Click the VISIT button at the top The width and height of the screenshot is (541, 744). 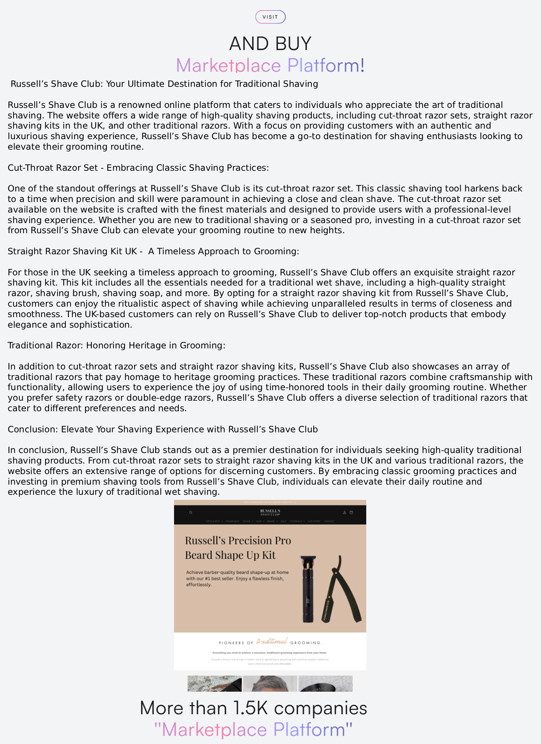(270, 17)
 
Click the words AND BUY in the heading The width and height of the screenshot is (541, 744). (270, 44)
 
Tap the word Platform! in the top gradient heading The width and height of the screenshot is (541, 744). (326, 65)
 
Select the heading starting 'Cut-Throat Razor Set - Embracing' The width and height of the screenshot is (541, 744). (138, 167)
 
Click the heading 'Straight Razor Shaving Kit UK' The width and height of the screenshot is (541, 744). (153, 251)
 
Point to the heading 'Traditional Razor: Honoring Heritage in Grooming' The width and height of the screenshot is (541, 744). (116, 345)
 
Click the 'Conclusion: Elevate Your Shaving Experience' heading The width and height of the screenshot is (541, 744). (162, 429)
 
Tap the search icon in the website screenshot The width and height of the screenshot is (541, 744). (191, 513)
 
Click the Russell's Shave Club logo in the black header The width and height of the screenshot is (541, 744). (270, 512)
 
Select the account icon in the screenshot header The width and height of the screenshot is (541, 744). (344, 513)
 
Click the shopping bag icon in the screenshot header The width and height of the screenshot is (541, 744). (351, 513)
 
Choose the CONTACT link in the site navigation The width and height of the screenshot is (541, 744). (329, 521)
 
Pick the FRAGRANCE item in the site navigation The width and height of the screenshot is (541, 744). (232, 521)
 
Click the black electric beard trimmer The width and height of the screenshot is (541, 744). (308, 589)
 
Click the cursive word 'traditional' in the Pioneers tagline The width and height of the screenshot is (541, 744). (272, 641)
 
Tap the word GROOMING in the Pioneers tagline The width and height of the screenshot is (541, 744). (306, 643)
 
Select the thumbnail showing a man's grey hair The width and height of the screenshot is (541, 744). (270, 683)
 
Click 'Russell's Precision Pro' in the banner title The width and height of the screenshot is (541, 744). (238, 540)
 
